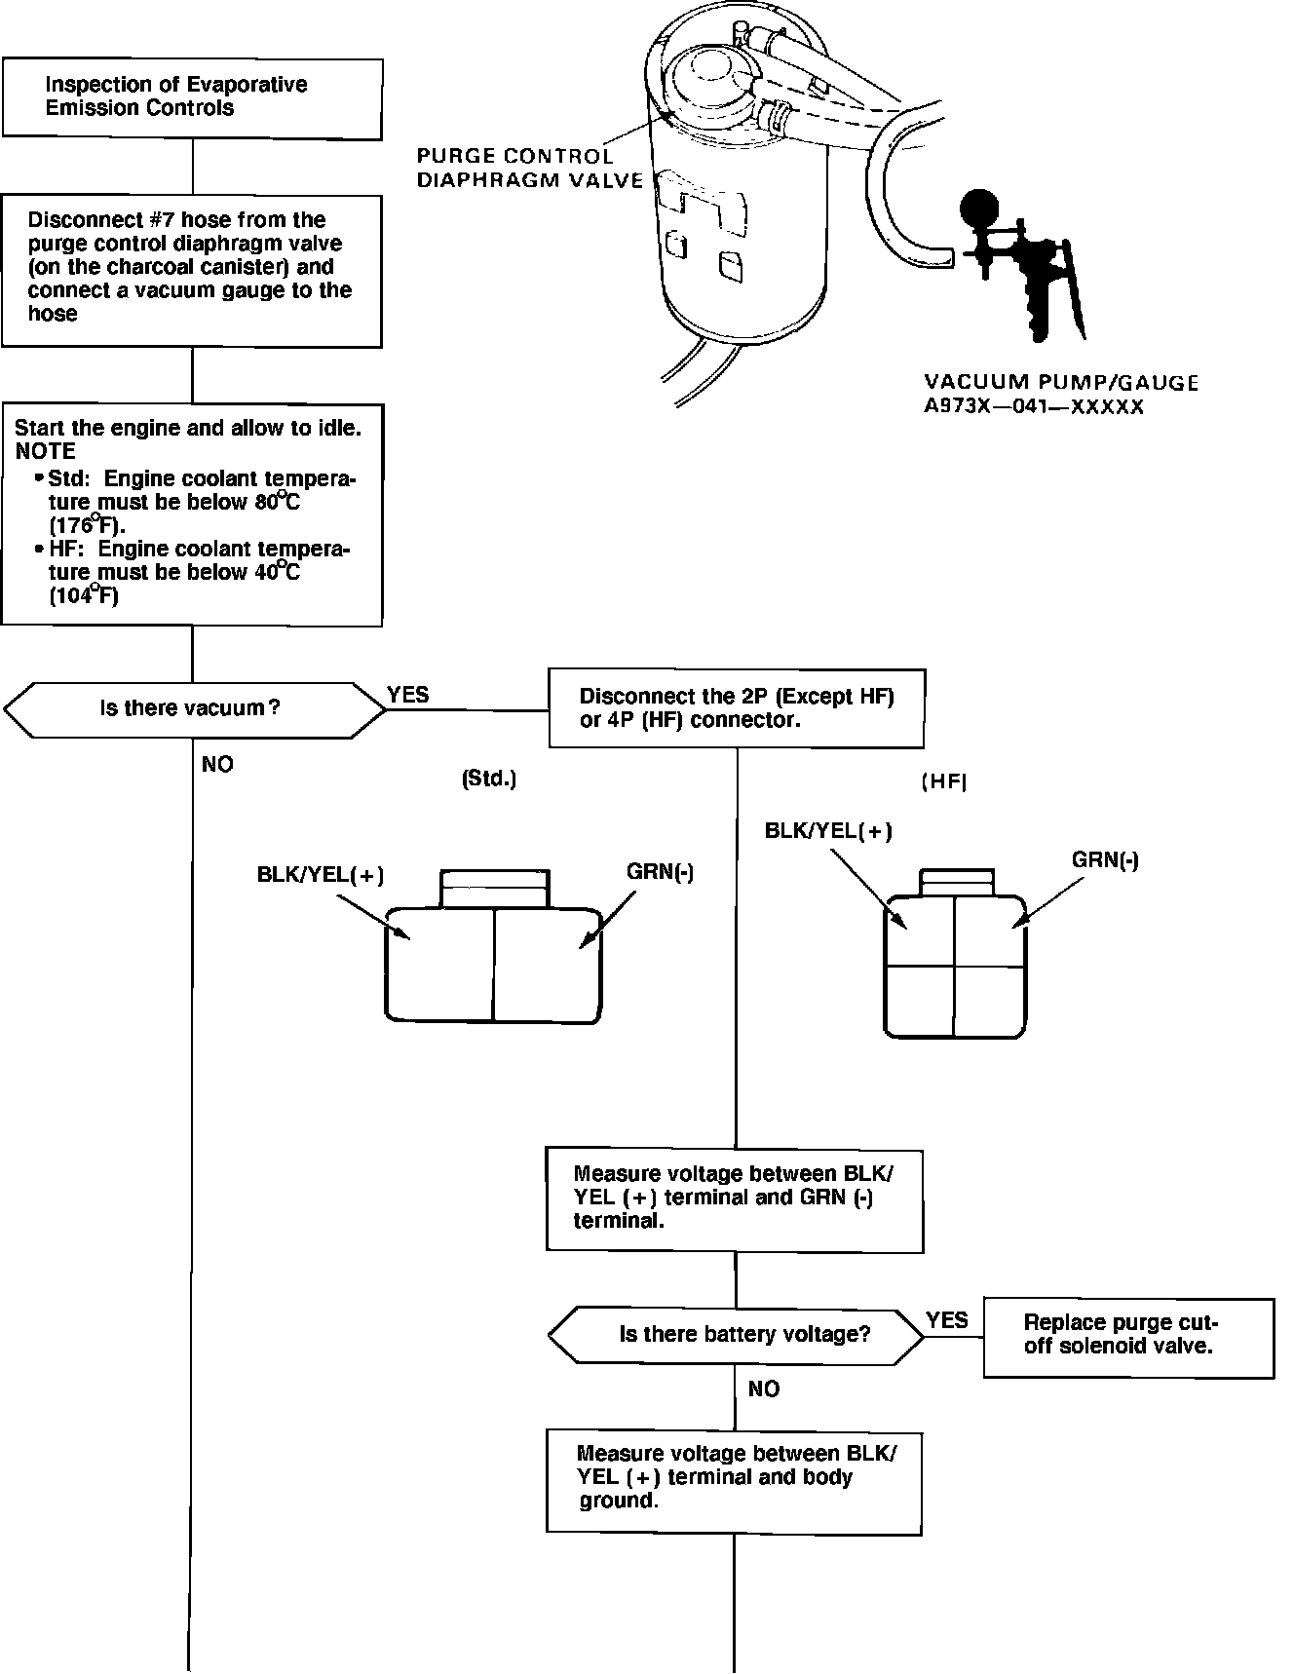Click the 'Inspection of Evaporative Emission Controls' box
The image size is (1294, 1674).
[x=192, y=97]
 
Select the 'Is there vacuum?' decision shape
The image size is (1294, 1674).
[x=194, y=708]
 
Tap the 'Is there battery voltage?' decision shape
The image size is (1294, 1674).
[x=736, y=1334]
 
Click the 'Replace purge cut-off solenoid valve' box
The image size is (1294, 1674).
[x=1128, y=1337]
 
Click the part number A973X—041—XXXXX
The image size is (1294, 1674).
[x=1034, y=407]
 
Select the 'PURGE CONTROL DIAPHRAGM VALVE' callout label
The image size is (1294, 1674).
[x=529, y=168]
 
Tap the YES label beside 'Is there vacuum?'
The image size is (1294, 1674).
[x=407, y=695]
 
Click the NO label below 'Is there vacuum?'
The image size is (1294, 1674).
[x=217, y=765]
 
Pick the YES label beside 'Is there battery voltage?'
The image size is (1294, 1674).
[x=947, y=1320]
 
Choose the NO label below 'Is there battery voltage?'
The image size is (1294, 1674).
[x=764, y=1389]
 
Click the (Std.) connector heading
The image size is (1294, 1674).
[x=488, y=780]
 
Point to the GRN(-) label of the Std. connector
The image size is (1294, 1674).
[x=661, y=872]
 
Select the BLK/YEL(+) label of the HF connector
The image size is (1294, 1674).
[x=828, y=831]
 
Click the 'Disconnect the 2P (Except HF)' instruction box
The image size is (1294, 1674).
[x=737, y=708]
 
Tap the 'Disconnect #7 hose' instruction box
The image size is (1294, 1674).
[x=192, y=271]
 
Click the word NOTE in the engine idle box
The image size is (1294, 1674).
[x=45, y=451]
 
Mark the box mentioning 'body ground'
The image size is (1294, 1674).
[x=735, y=1481]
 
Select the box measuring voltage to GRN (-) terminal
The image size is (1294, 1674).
[x=735, y=1199]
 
